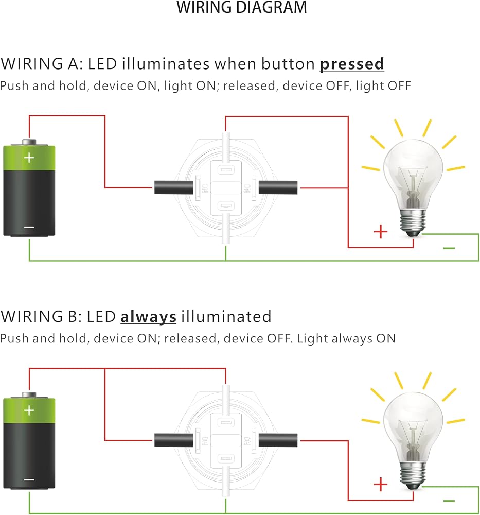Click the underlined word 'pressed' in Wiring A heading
pyautogui.click(x=352, y=64)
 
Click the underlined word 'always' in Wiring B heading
pyautogui.click(x=148, y=317)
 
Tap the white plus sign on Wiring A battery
pyautogui.click(x=29, y=158)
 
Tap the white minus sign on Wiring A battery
pyautogui.click(x=29, y=227)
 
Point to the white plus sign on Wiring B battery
pyautogui.click(x=29, y=410)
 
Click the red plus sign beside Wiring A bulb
pyautogui.click(x=381, y=232)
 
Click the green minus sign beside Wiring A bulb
pyautogui.click(x=449, y=248)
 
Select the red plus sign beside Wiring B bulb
pyautogui.click(x=381, y=485)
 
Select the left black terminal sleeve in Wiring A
pyautogui.click(x=174, y=187)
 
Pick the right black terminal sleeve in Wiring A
pyautogui.click(x=278, y=187)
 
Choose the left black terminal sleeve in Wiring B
pyautogui.click(x=174, y=440)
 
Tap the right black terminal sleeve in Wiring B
pyautogui.click(x=278, y=440)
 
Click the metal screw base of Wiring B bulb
pyautogui.click(x=413, y=475)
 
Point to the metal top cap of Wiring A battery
pyautogui.click(x=29, y=142)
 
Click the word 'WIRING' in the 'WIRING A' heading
pyautogui.click(x=32, y=64)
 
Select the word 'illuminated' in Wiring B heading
pyautogui.click(x=226, y=317)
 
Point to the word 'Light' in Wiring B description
pyautogui.click(x=312, y=339)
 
